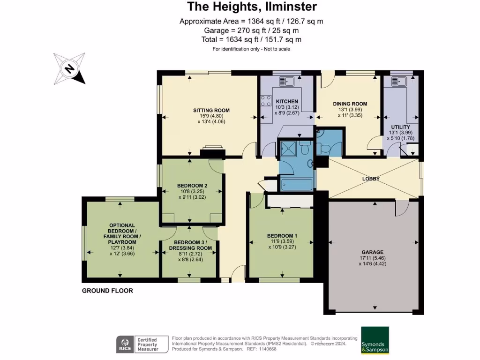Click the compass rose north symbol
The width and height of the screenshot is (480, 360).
(x=69, y=69)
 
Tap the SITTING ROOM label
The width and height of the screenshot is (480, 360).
(x=211, y=111)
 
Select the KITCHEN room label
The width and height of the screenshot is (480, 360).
(x=286, y=102)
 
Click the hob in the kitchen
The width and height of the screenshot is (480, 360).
(x=266, y=100)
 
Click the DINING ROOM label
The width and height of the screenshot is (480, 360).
(x=350, y=104)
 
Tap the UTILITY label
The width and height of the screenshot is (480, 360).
(x=400, y=127)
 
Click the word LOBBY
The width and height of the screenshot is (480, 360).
(x=370, y=179)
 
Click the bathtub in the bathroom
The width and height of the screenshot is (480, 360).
(x=297, y=184)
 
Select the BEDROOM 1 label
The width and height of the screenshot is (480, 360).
(x=282, y=236)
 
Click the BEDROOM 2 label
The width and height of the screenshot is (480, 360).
(x=192, y=186)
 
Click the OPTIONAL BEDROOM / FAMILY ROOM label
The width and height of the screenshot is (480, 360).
(x=122, y=233)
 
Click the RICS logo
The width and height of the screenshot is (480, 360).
(x=125, y=345)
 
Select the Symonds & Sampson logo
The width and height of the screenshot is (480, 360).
(x=375, y=341)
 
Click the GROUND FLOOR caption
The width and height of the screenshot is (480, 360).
(x=107, y=291)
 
